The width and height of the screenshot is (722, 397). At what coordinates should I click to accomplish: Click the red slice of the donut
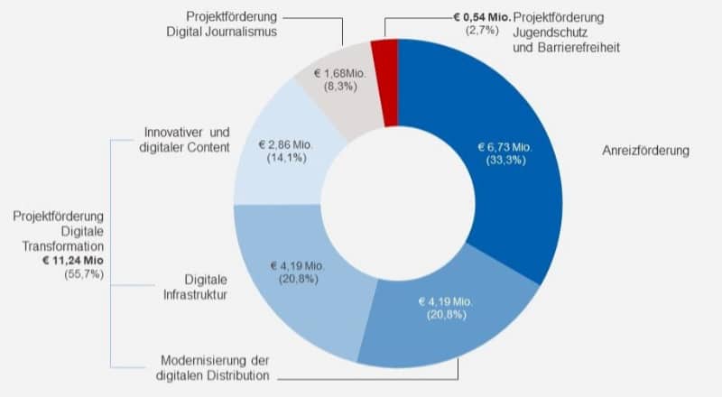coord(384,56)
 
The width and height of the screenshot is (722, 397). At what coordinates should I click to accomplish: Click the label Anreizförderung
coord(645,151)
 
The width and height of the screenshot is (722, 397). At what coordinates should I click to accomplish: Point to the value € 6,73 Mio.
coord(504,147)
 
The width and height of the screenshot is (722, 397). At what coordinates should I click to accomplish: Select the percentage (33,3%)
coord(504,161)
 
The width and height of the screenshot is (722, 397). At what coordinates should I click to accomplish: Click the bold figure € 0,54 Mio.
coord(483,17)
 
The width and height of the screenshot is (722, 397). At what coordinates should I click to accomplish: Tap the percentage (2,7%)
coord(483,32)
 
